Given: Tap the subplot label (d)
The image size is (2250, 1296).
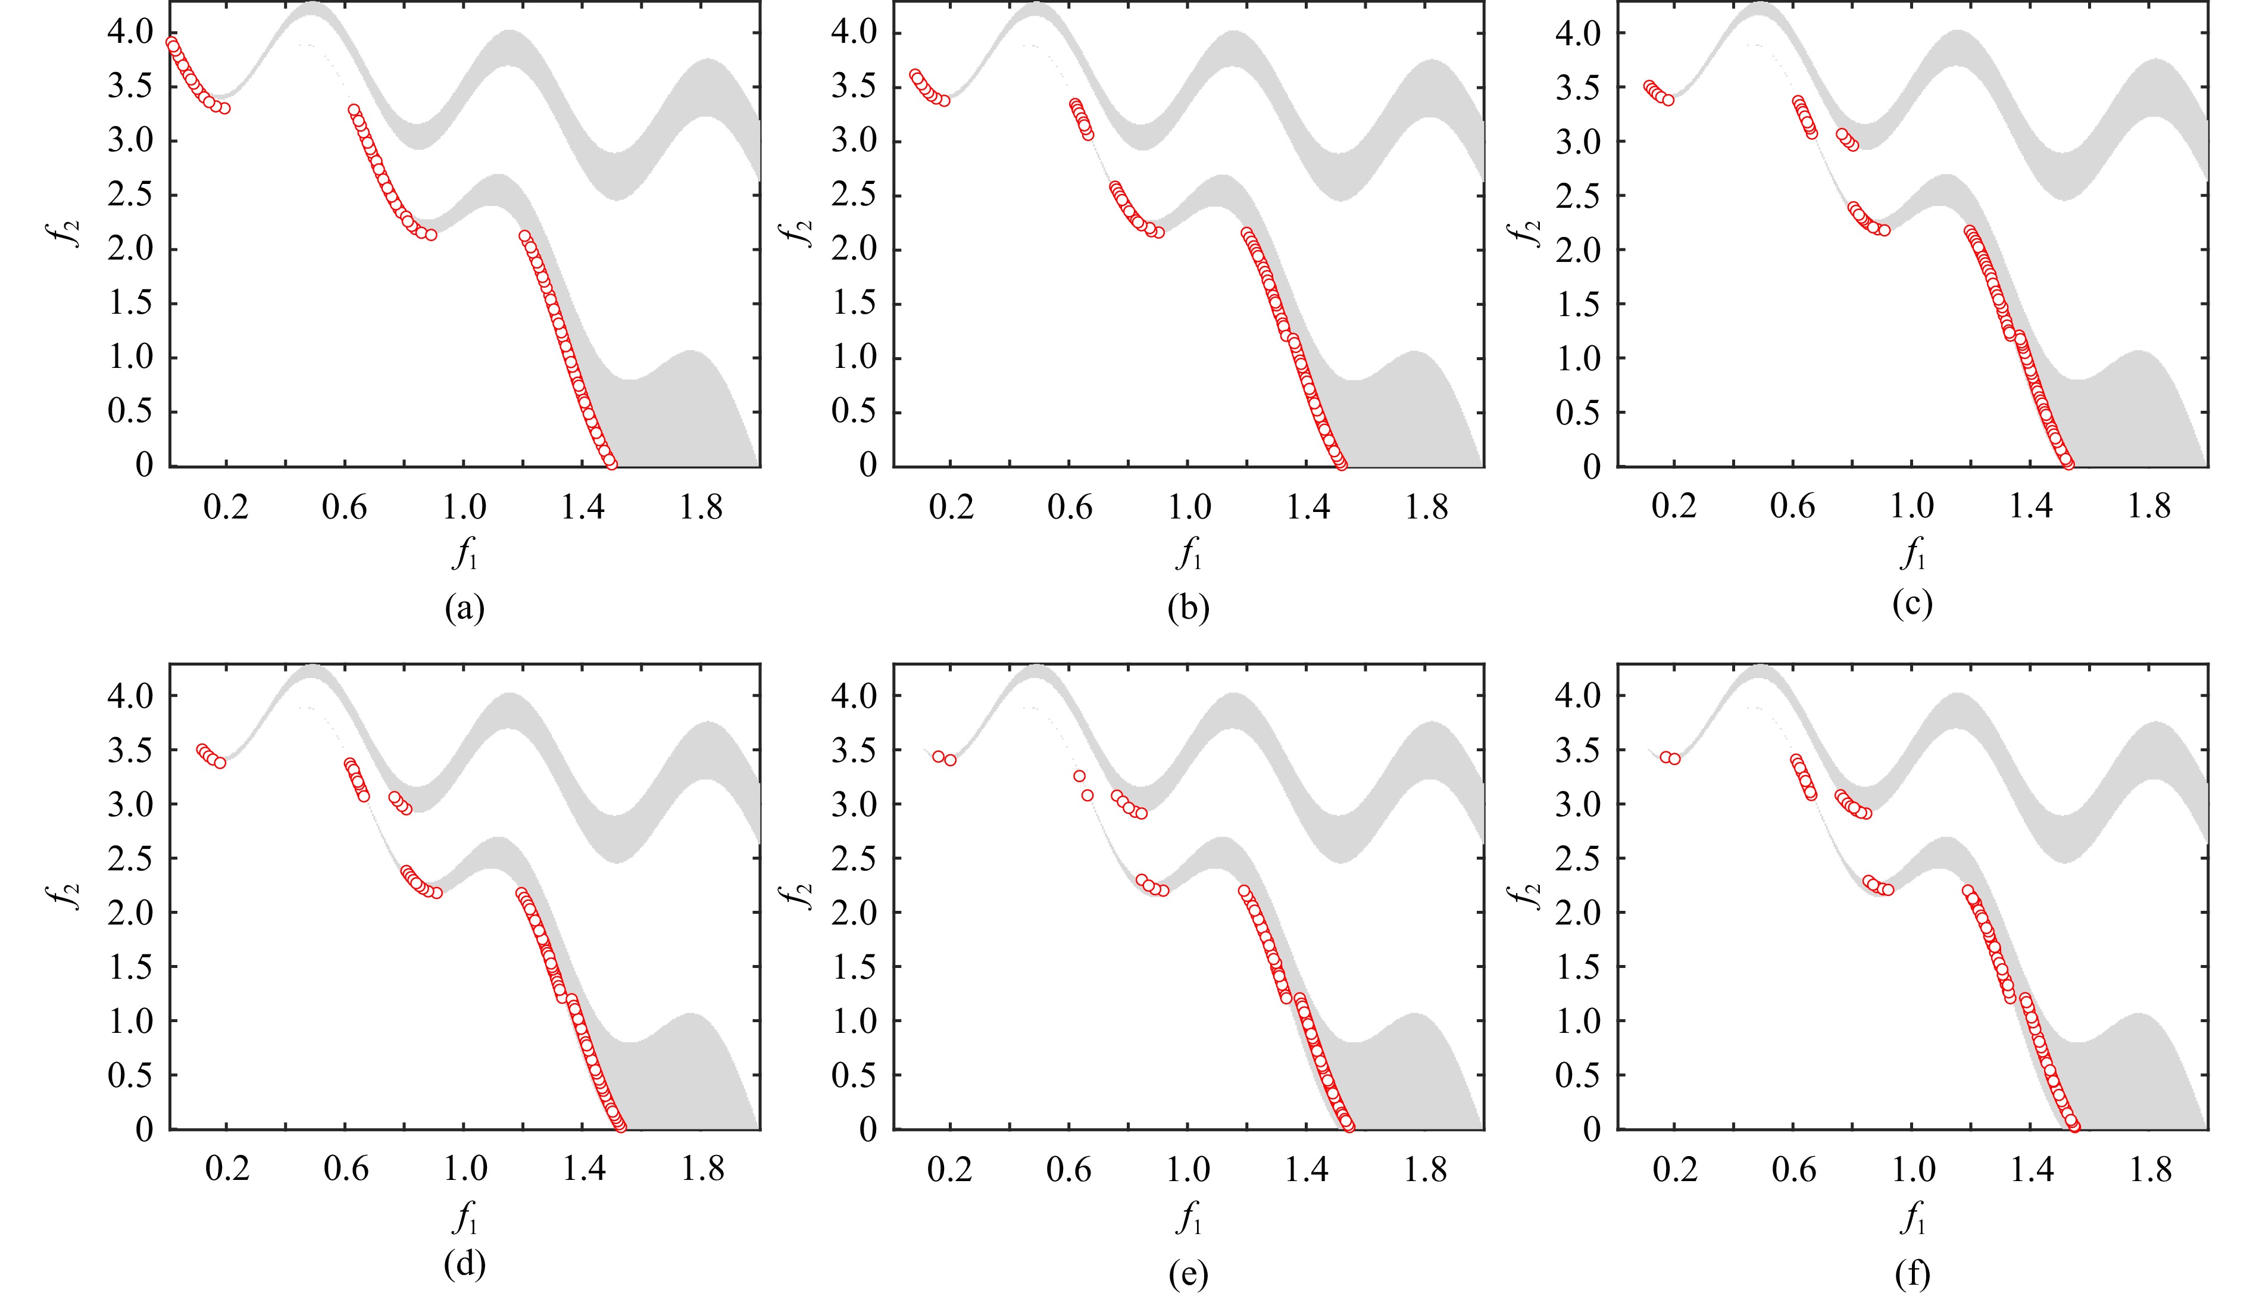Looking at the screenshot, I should pyautogui.click(x=465, y=1265).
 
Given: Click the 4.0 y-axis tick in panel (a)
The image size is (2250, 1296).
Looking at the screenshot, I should pyautogui.click(x=131, y=33).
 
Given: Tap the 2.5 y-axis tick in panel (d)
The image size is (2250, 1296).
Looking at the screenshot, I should pyautogui.click(x=131, y=858).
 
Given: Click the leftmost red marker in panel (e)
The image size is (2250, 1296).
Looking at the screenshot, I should pyautogui.click(x=938, y=757).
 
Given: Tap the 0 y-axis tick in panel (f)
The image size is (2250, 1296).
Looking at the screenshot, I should pyautogui.click(x=1590, y=1129).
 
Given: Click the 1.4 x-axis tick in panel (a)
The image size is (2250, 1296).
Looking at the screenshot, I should pyautogui.click(x=583, y=507).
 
